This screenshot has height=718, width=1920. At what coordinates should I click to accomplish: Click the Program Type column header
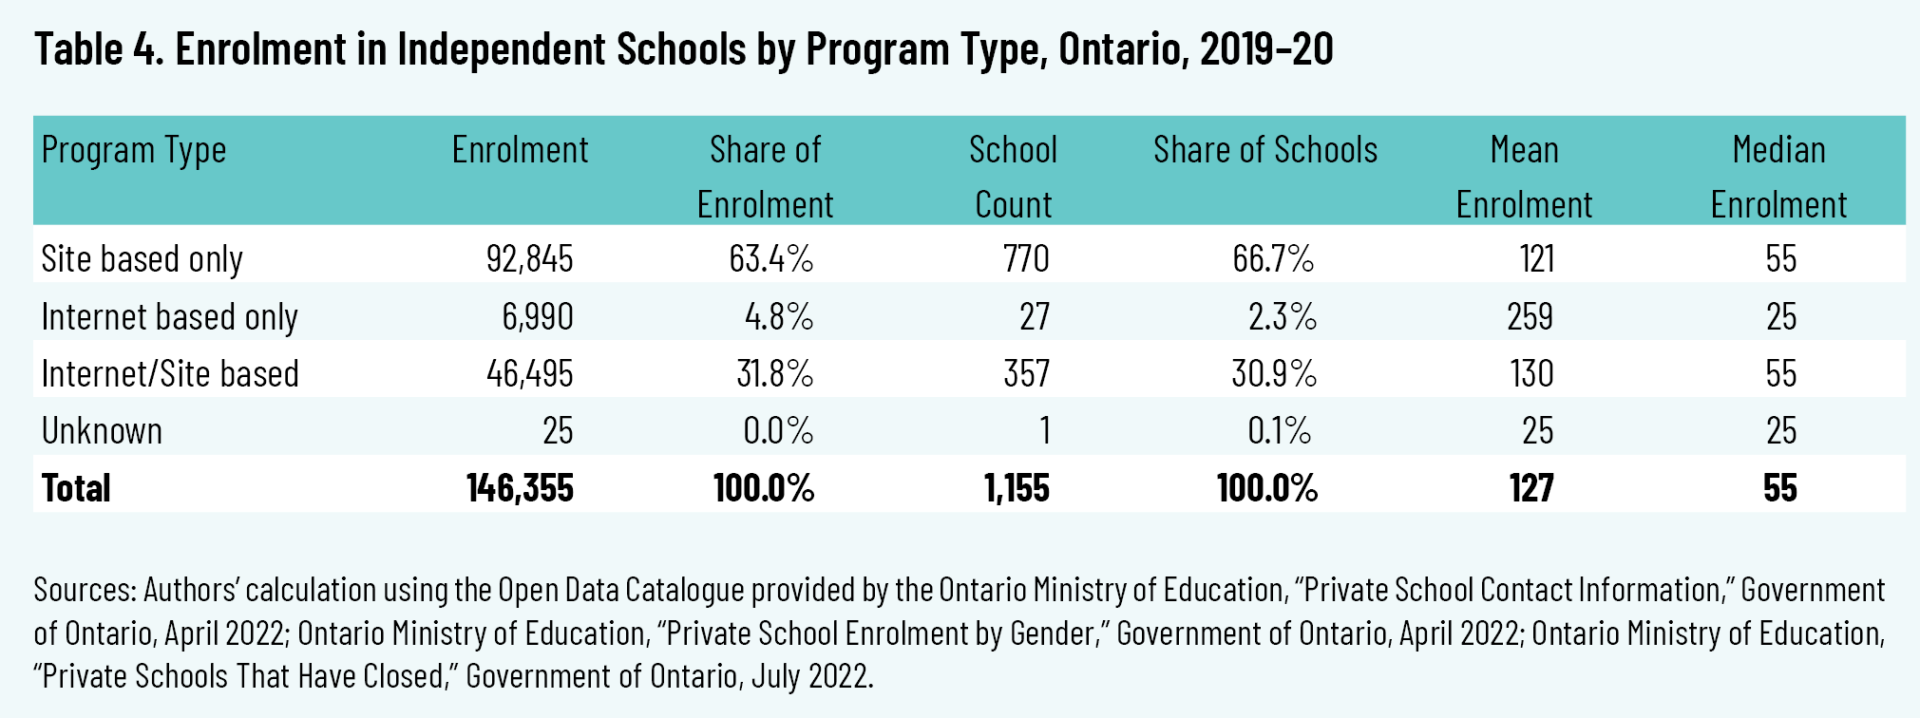(134, 150)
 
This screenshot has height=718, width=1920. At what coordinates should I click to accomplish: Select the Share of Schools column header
(1264, 150)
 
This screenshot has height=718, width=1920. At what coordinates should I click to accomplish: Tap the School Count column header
(1013, 177)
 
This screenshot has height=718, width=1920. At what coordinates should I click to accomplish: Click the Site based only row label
(142, 259)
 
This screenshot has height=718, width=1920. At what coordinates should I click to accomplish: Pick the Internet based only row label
(169, 316)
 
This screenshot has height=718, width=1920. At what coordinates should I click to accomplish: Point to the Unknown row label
(102, 431)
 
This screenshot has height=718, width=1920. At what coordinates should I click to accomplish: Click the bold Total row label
(76, 488)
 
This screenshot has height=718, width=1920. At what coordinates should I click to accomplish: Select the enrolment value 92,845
(529, 259)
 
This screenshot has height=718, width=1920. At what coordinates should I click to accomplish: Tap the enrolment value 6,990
(537, 316)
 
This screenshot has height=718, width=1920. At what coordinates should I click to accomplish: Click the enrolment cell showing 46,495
(529, 374)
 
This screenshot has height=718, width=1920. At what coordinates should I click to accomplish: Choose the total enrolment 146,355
(520, 488)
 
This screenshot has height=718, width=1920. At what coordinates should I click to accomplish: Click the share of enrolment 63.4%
(770, 259)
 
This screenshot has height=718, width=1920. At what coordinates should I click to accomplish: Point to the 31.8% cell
(774, 374)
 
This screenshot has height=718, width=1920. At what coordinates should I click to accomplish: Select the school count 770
(1026, 259)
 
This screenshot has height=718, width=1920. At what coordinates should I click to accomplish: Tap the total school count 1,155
(1017, 488)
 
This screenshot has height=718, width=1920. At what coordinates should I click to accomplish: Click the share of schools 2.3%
(1282, 316)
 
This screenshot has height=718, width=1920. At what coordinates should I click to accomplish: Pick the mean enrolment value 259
(1530, 316)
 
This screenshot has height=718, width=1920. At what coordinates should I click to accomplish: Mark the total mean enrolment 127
(1531, 488)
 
